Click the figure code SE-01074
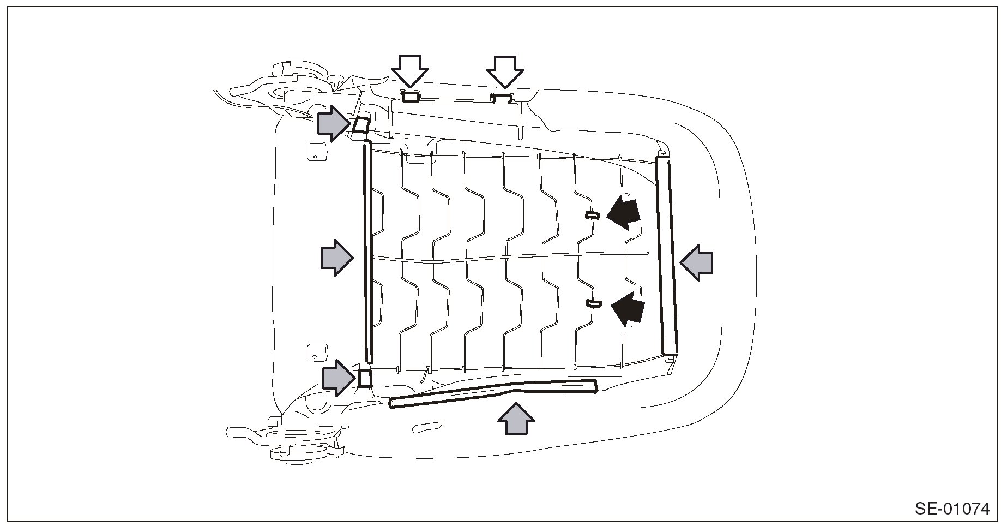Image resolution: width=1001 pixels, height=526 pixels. [x=951, y=509]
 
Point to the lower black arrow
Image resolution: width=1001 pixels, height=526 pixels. [x=628, y=309]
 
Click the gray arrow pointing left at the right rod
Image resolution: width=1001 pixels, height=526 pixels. [x=696, y=262]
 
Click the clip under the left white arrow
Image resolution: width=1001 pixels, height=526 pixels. [x=411, y=97]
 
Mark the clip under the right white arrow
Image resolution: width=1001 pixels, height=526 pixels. [x=502, y=98]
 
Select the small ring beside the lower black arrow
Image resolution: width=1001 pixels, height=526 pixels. [x=593, y=303]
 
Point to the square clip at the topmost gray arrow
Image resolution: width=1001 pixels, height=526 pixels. [x=361, y=125]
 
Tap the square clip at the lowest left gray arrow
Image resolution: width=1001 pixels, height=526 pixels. [x=365, y=378]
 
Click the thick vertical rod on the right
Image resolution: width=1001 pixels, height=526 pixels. [x=667, y=255]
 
